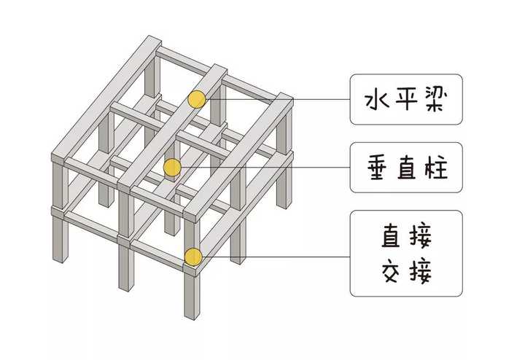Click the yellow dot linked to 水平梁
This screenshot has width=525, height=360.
pyautogui.click(x=196, y=99)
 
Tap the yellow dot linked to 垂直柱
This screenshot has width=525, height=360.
pyautogui.click(x=172, y=168)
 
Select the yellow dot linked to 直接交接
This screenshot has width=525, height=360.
pyautogui.click(x=192, y=256)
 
